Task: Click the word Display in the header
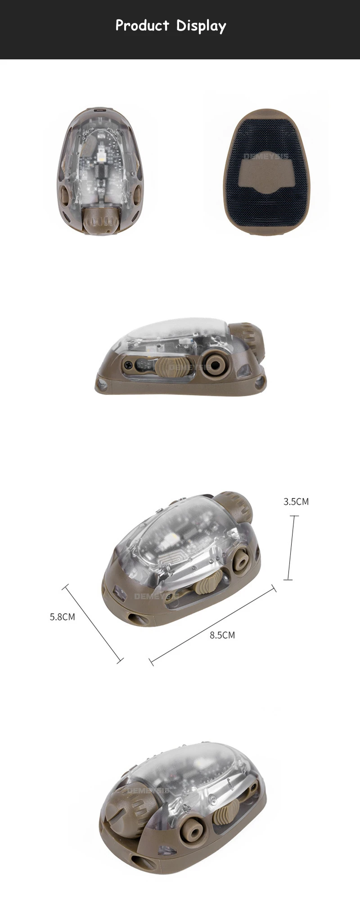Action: tap(201, 27)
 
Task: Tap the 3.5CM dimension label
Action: tap(296, 502)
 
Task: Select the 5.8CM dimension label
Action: tap(62, 617)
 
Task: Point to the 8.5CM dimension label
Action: tap(222, 635)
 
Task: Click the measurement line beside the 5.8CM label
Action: tap(93, 624)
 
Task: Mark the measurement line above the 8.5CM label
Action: tap(212, 624)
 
